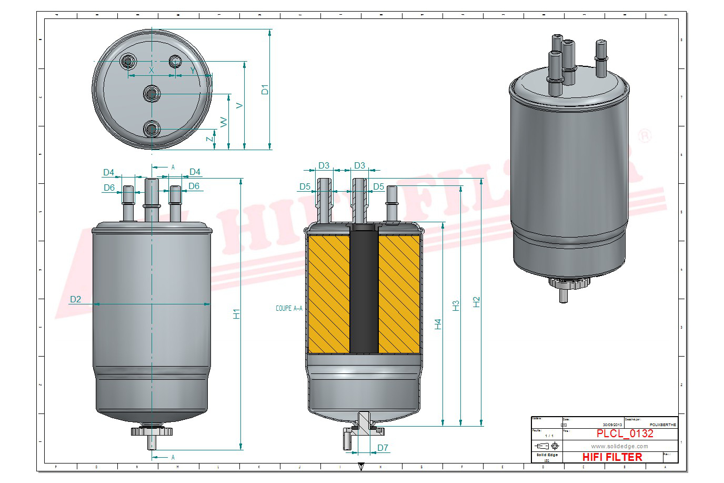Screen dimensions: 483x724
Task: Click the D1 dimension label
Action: tap(265, 90)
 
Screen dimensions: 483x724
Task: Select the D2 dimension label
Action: tap(76, 299)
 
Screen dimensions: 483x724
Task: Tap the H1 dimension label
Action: tap(236, 313)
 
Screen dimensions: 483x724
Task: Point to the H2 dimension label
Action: tap(476, 302)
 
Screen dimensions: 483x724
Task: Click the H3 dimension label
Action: tap(456, 305)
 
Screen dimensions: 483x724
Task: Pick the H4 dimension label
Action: tap(438, 324)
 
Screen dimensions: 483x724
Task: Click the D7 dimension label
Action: tap(383, 448)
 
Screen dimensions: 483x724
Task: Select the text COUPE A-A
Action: tap(289, 308)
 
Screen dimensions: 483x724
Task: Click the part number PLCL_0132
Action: tap(625, 433)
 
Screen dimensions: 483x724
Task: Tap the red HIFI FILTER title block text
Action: tap(612, 457)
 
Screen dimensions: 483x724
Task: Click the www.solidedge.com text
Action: tap(619, 446)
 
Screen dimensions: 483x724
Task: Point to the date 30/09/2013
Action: tap(612, 425)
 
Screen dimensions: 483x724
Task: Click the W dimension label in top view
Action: tap(224, 122)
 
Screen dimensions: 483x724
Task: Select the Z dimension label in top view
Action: tap(209, 139)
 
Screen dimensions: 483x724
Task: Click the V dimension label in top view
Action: tap(239, 105)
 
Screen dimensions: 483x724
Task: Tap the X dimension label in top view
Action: tap(152, 70)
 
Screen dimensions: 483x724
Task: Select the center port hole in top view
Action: tap(152, 94)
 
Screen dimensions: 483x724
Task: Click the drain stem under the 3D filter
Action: tap(563, 295)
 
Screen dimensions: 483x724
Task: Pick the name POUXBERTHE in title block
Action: tap(663, 425)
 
